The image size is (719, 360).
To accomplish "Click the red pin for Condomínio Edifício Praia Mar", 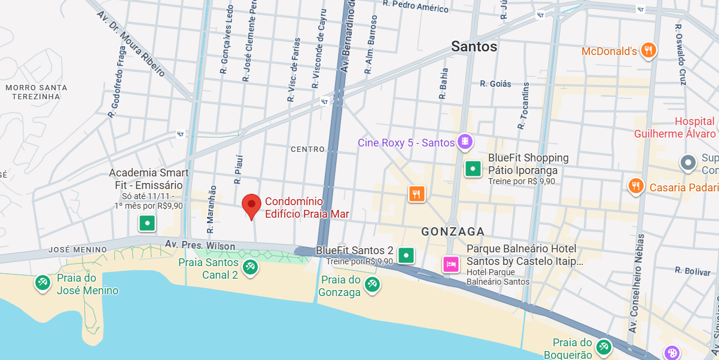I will click(x=251, y=205).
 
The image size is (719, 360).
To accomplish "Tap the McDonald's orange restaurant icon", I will click(x=648, y=51).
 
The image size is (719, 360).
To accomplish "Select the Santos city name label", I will click(x=474, y=47).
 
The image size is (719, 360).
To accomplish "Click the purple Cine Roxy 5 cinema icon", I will click(x=465, y=142).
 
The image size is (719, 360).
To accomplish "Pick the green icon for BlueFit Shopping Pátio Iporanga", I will click(x=473, y=169).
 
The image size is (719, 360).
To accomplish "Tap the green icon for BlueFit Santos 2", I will click(x=407, y=256).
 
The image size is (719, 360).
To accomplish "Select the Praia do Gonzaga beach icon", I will click(x=373, y=285).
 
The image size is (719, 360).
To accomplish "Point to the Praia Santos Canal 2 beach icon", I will click(x=250, y=267).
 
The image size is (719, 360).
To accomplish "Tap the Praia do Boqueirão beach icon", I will click(x=604, y=347).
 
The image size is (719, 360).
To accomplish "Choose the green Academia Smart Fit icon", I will click(x=147, y=224).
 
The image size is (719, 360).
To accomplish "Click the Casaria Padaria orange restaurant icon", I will click(x=635, y=186).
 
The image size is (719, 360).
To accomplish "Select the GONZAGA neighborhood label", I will click(x=453, y=231).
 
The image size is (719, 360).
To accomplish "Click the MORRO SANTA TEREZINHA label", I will click(x=36, y=91).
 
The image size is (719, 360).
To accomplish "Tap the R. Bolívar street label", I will click(x=693, y=271).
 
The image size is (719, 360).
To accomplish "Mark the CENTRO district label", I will click(x=307, y=149).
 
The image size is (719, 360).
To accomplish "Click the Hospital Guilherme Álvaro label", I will click(x=675, y=128).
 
